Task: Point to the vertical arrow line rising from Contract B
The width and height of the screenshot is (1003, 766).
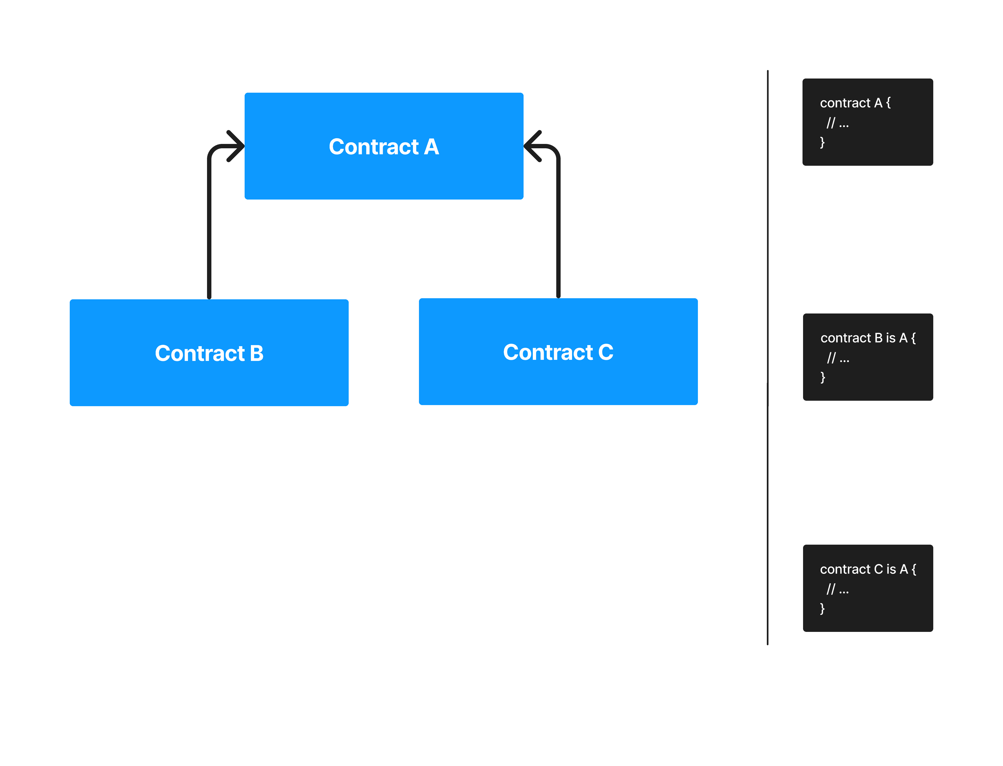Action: [209, 228]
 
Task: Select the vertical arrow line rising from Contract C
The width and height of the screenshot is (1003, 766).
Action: [558, 228]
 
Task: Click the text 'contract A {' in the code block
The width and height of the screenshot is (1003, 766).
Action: [855, 103]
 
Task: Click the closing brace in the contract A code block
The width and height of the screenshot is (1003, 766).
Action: [822, 142]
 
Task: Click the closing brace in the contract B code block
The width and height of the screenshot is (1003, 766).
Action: [823, 377]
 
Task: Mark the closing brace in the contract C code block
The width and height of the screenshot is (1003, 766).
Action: [822, 608]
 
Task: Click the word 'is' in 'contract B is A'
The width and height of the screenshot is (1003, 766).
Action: [890, 338]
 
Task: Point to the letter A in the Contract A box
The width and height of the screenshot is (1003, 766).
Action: [431, 147]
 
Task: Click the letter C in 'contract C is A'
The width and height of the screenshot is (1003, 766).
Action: [878, 569]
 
